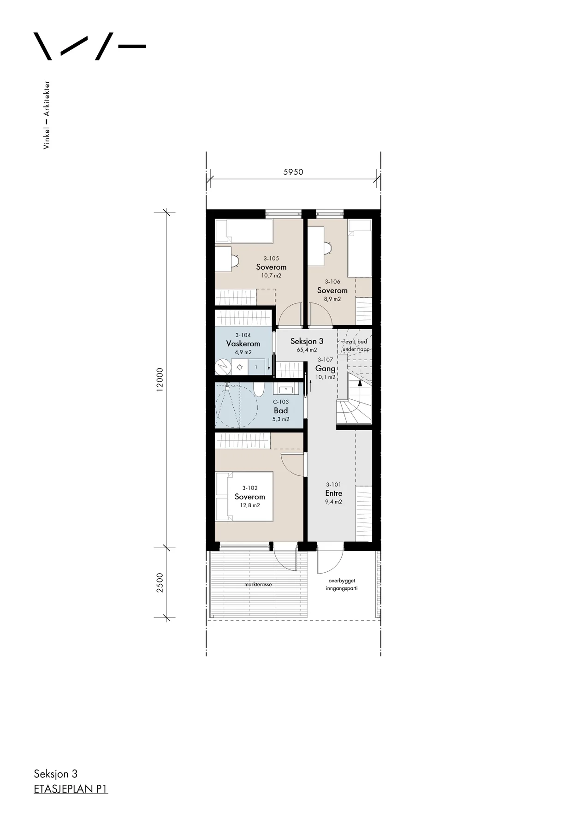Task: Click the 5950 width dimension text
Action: pos(293,172)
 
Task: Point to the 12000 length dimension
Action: pos(160,379)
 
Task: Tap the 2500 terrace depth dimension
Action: pos(160,583)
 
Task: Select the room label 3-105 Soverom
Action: pos(271,267)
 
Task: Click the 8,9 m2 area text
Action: pos(332,299)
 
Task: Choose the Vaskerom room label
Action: pos(243,344)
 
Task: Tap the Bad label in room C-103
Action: pos(281,410)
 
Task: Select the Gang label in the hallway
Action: pos(325,368)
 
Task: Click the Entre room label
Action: pos(334,493)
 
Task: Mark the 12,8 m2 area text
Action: pos(250,505)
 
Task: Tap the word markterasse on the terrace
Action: pos(258,584)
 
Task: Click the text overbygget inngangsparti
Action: pos(342,584)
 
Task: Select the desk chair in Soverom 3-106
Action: pos(328,248)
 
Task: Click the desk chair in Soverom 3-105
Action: pos(235,261)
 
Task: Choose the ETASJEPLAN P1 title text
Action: pos(71,789)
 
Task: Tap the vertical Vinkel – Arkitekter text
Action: pos(46,115)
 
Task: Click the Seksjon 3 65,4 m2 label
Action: pos(307,345)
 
